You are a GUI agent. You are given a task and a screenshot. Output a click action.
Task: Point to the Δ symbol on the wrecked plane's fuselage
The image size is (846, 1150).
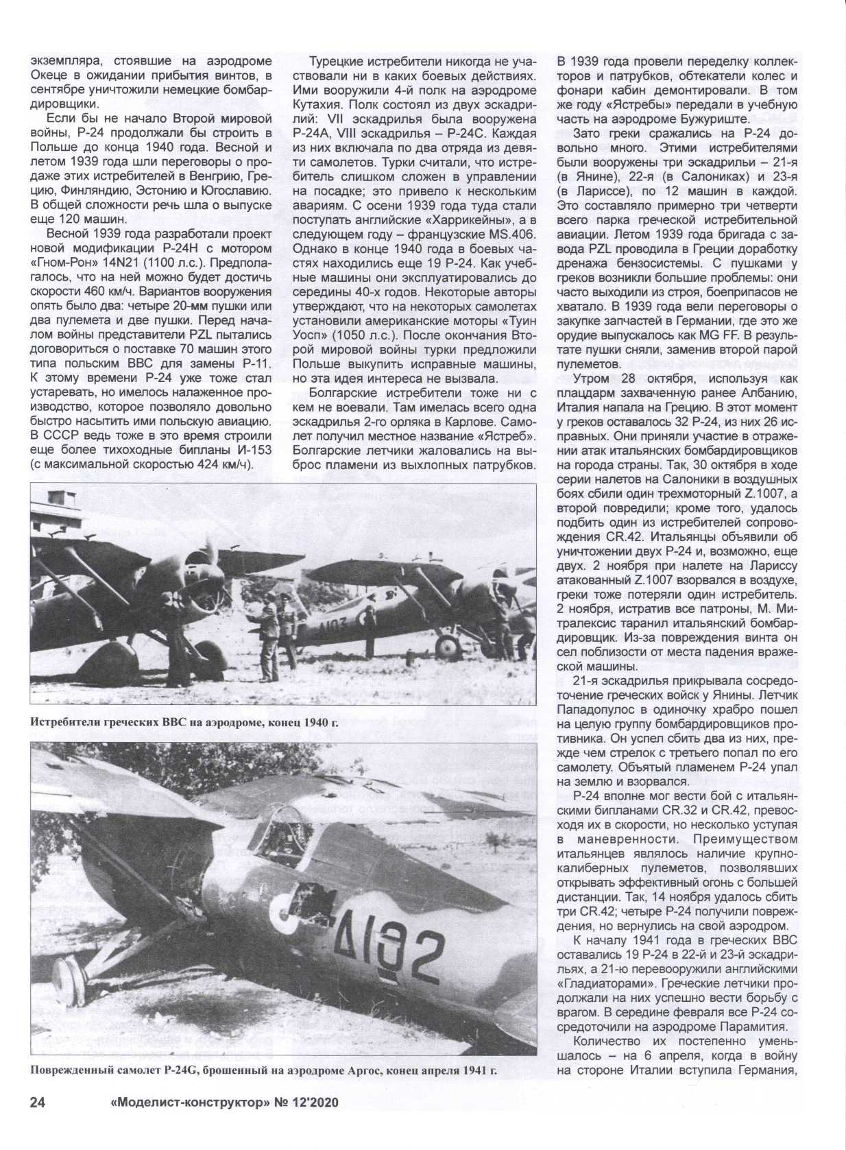coord(341,933)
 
